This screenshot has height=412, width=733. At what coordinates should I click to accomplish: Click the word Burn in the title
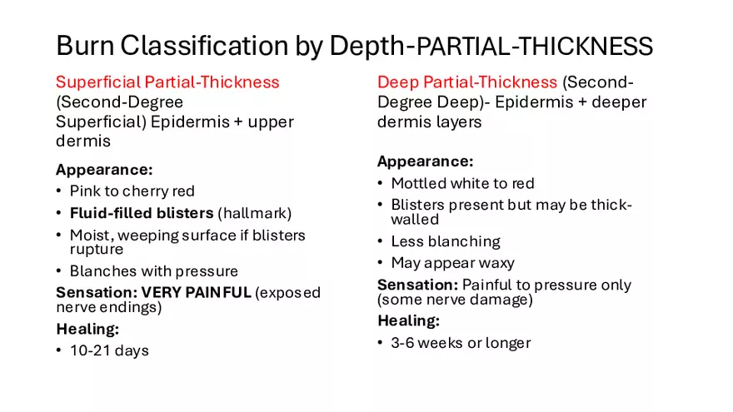[85, 46]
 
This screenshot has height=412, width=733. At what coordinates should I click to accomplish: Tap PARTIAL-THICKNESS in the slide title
[534, 47]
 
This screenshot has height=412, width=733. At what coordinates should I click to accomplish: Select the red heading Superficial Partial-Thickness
[167, 82]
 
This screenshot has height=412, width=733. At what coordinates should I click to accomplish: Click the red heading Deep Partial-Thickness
[467, 82]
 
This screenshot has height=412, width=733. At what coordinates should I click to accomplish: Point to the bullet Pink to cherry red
[132, 191]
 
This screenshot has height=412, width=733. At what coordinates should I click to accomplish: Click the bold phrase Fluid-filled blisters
[142, 213]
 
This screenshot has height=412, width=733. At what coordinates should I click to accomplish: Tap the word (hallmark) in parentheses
[255, 213]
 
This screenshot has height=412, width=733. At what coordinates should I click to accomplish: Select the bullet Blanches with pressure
[154, 271]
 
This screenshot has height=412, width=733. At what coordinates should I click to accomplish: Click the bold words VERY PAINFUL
[197, 292]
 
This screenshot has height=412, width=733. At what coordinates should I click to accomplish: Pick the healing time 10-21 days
[109, 350]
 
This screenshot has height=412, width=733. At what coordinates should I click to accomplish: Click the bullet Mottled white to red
[463, 183]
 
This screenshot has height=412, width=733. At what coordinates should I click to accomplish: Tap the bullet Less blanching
[446, 241]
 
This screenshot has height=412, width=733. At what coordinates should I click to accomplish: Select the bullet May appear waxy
[452, 263]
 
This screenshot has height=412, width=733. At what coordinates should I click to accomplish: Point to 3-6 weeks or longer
[461, 343]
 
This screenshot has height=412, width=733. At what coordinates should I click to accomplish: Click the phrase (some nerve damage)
[455, 300]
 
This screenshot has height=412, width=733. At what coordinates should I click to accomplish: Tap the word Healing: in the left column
[88, 329]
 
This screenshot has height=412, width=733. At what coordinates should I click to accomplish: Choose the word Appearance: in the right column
[426, 161]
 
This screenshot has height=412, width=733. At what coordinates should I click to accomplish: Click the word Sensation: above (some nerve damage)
[418, 285]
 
